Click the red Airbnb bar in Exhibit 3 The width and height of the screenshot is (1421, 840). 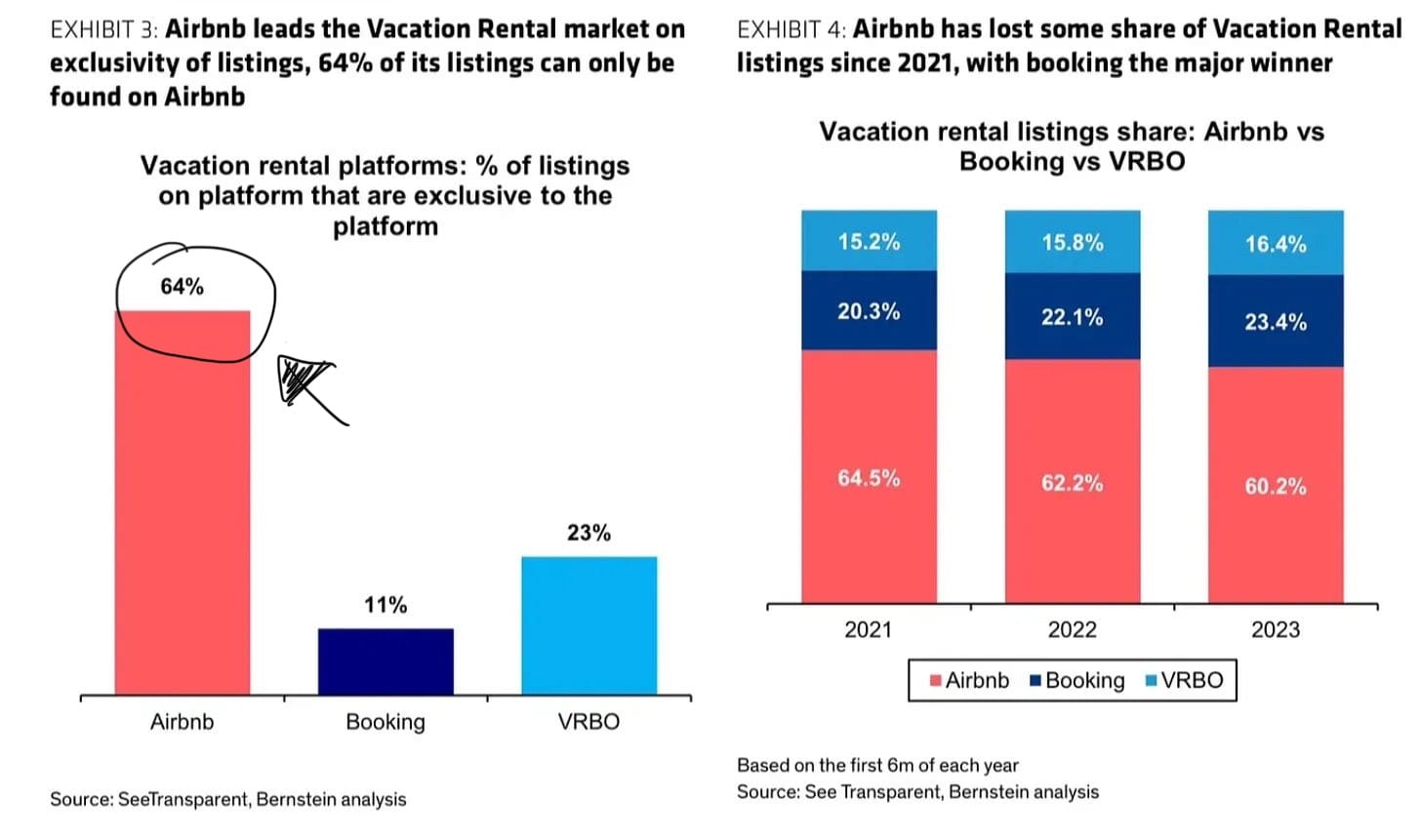pos(183,502)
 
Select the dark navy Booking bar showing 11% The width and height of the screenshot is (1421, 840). pos(386,661)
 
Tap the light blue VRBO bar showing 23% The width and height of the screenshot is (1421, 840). pos(589,625)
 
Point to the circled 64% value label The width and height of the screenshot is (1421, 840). pos(183,287)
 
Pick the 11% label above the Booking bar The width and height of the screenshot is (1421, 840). pos(386,605)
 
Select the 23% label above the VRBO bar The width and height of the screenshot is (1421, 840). pos(589,533)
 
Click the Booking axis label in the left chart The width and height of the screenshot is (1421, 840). pos(386,721)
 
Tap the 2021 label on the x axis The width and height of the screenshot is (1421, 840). pos(869,629)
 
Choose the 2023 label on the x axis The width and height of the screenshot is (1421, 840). pos(1276,629)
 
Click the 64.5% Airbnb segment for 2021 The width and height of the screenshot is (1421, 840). pos(869,477)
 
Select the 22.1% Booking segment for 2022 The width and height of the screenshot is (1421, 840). pos(1073,316)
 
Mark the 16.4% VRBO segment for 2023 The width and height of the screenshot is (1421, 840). pos(1276,243)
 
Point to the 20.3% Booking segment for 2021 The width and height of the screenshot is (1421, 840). pos(869,310)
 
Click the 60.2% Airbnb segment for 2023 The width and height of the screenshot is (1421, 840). pos(1276,485)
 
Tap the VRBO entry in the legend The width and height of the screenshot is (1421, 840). pos(1185,680)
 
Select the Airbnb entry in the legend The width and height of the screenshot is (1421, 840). pos(969,680)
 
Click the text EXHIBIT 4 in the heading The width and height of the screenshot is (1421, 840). pos(792,29)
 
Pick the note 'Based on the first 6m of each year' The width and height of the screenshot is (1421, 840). pos(877,765)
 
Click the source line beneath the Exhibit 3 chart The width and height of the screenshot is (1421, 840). pos(228,799)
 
